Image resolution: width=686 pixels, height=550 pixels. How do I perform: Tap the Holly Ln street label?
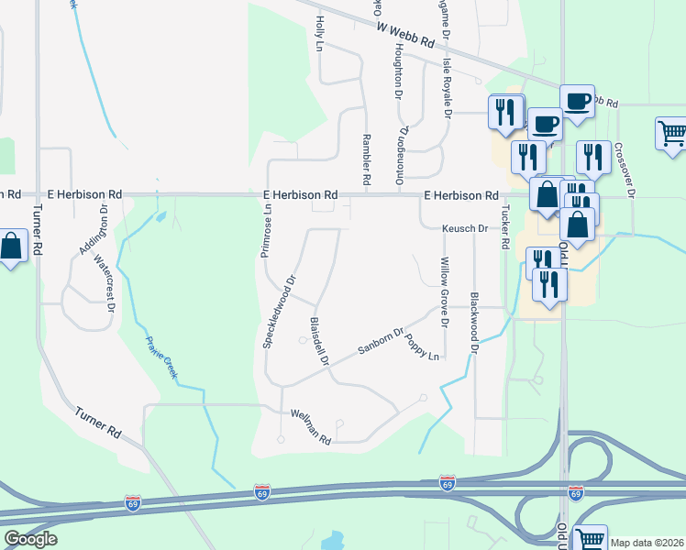click(320, 33)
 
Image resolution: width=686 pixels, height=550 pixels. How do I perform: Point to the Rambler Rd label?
click(366, 160)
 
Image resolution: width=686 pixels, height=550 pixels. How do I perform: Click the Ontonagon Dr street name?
click(401, 154)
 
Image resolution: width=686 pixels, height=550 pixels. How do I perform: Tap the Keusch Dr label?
click(464, 228)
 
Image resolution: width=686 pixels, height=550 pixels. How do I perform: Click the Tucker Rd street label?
click(504, 228)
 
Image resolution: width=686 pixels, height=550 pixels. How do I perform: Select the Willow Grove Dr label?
click(445, 291)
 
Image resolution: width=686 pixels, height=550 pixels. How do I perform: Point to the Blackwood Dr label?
click(474, 323)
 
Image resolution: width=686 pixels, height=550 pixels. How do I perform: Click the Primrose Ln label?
click(265, 230)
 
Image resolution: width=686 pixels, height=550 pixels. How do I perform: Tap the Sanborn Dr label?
click(382, 342)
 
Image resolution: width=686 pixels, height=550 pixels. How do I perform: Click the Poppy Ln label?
click(423, 347)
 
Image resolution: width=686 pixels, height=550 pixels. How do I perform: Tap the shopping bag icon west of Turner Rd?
click(12, 247)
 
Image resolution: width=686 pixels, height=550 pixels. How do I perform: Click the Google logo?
click(30, 539)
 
